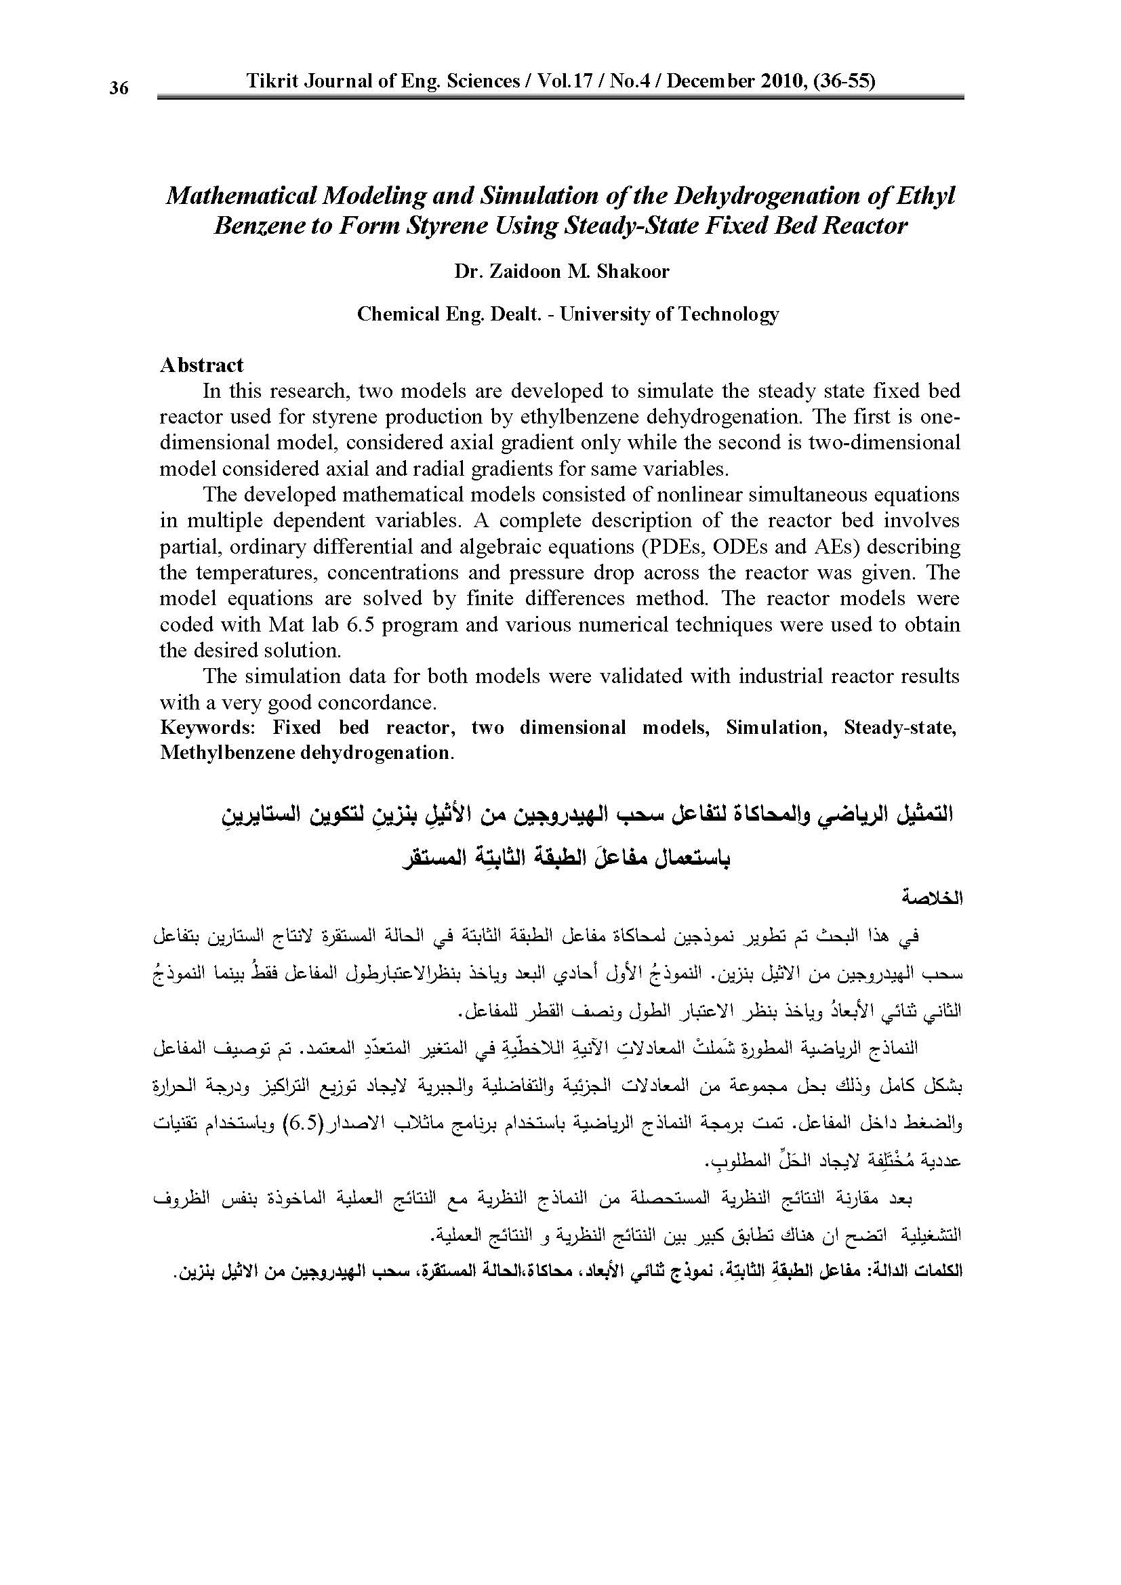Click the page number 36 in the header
coord(119,88)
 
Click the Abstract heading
coord(201,365)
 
